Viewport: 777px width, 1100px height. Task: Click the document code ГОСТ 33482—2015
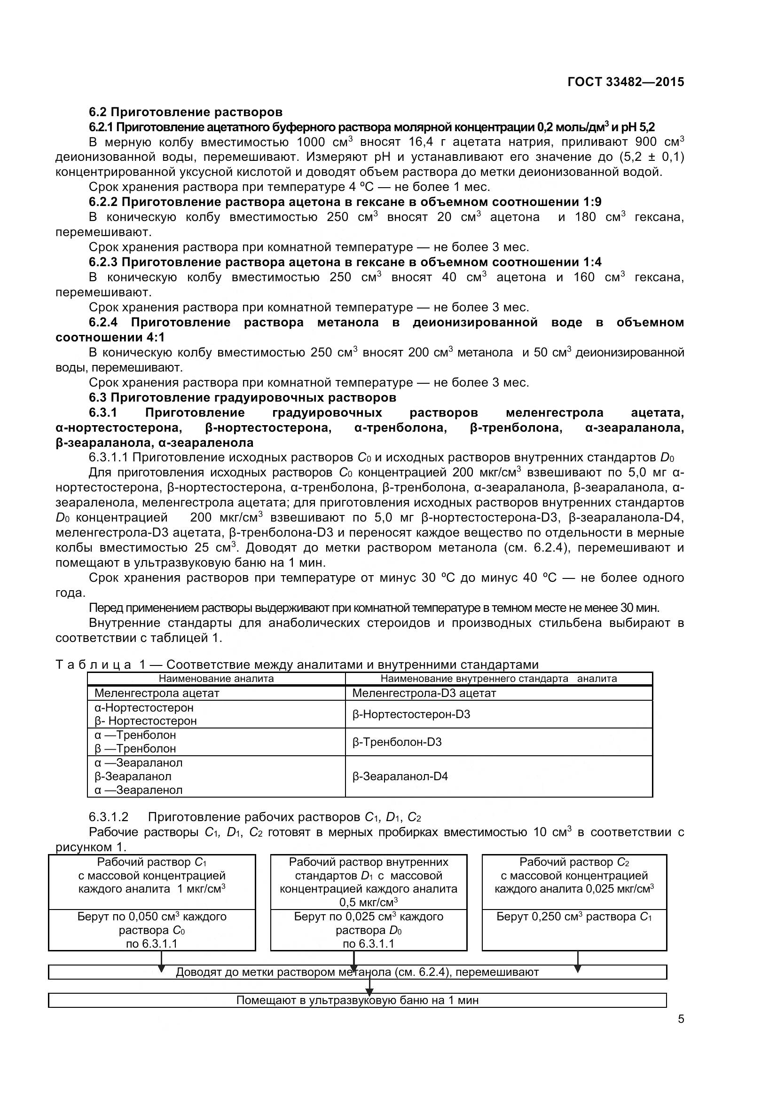click(625, 82)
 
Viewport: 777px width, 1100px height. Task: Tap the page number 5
click(681, 1032)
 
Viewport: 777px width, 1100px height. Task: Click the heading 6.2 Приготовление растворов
click(186, 112)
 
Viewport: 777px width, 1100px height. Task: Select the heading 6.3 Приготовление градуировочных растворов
click(242, 398)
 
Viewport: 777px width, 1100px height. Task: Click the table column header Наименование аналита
click(216, 679)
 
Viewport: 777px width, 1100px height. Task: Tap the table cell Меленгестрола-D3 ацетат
click(424, 693)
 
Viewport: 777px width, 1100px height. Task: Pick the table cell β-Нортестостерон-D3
click(411, 714)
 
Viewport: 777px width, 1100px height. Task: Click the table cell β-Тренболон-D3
click(396, 742)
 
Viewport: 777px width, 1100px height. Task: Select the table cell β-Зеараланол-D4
click(400, 776)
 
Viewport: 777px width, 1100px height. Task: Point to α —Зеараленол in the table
click(138, 790)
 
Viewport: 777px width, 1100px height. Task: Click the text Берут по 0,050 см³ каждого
click(152, 917)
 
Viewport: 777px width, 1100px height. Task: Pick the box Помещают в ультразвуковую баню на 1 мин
click(357, 1000)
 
